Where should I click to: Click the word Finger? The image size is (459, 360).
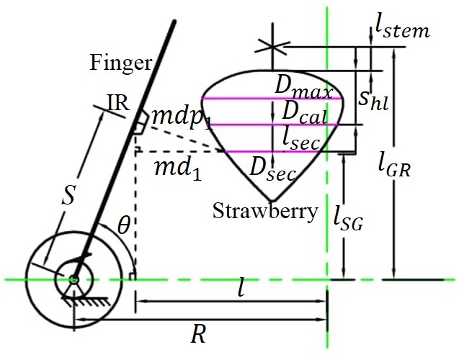121,63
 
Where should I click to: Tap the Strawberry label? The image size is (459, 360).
265,212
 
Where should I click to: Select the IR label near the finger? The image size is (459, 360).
117,103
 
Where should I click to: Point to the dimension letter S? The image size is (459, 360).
67,197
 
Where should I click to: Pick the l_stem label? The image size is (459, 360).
402,27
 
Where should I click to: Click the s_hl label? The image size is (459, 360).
373,99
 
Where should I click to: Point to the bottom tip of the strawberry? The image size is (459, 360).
271,199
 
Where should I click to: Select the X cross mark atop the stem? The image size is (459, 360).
272,46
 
